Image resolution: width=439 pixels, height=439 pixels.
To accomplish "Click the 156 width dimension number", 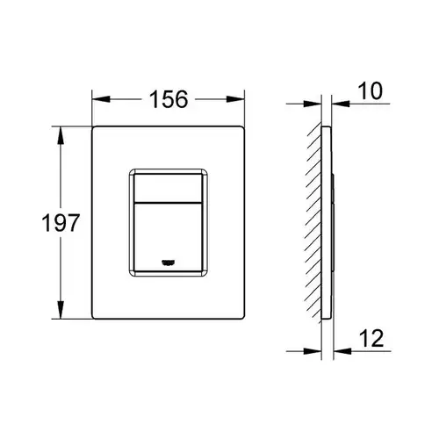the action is click(x=169, y=99).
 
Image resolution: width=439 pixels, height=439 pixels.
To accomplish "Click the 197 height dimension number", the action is click(x=61, y=223).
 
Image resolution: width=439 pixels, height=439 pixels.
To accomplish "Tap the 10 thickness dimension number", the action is click(x=371, y=90).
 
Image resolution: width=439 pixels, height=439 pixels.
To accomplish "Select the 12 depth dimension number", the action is click(x=371, y=338).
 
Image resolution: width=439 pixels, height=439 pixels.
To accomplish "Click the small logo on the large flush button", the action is click(x=169, y=263).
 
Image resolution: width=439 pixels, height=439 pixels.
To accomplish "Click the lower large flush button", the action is click(x=168, y=237).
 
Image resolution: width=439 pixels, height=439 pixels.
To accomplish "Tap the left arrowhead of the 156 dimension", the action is click(x=101, y=99).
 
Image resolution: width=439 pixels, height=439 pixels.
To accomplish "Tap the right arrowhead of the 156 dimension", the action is click(x=235, y=99).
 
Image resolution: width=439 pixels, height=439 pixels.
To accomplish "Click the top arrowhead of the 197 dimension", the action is click(x=61, y=135).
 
